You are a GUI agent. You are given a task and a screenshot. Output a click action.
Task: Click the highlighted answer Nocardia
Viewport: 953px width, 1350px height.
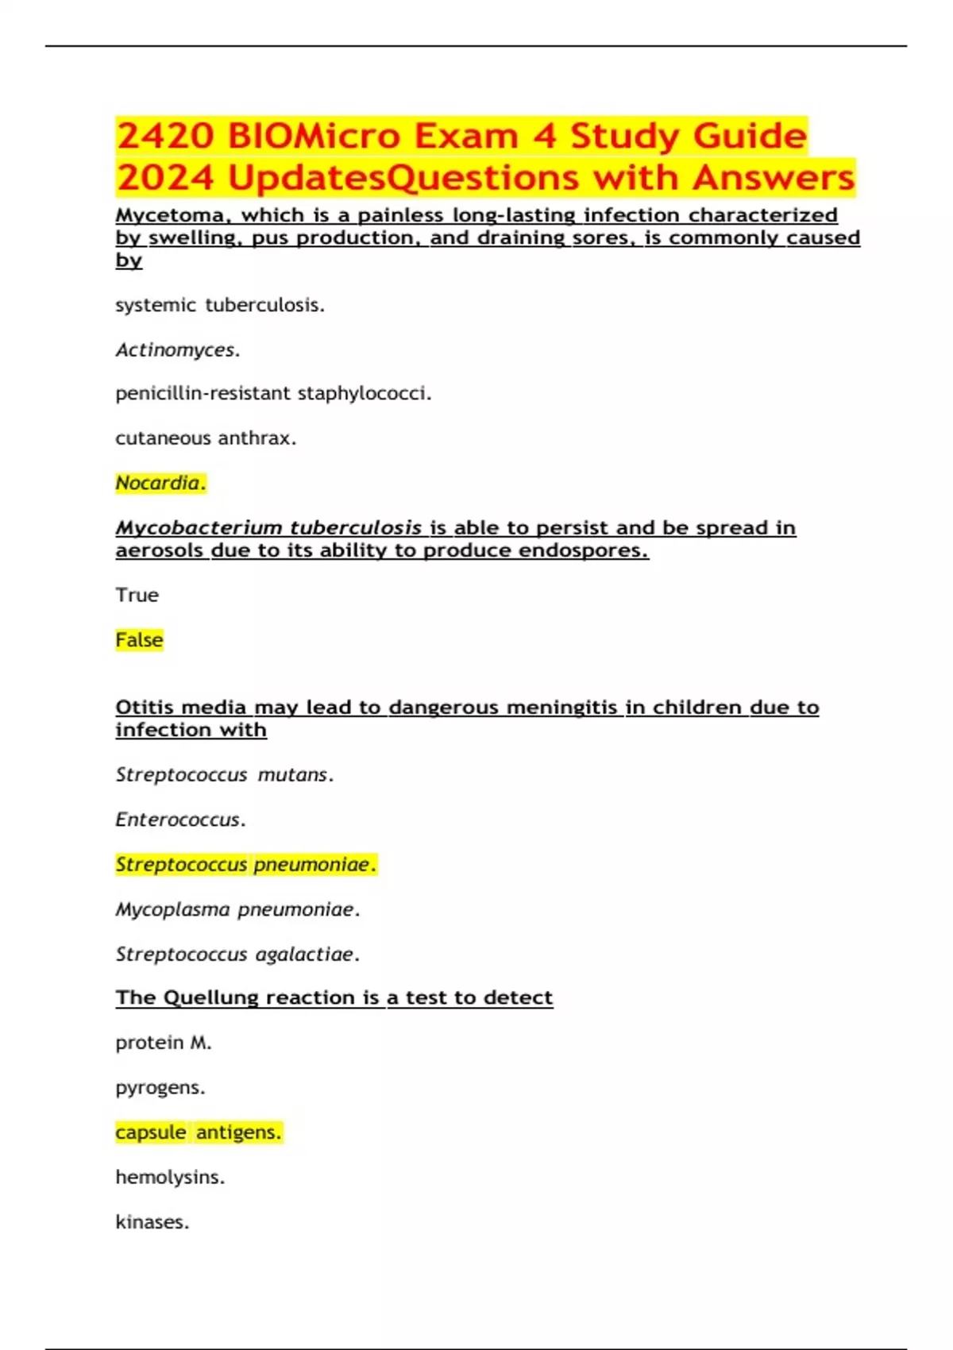click(160, 483)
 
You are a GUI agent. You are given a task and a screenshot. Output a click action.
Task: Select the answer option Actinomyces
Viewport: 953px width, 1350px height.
click(177, 349)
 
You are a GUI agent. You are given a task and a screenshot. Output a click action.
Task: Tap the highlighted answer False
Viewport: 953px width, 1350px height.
click(139, 640)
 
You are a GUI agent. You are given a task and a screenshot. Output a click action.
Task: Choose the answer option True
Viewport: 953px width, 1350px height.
click(137, 595)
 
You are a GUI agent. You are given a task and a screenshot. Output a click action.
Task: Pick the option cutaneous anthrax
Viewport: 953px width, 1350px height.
click(206, 438)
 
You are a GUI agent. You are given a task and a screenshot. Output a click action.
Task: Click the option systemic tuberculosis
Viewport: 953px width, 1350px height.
click(220, 305)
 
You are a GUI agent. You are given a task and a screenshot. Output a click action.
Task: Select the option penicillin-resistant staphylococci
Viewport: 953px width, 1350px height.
click(273, 394)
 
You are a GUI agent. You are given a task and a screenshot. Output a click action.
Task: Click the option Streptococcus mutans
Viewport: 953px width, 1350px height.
click(225, 774)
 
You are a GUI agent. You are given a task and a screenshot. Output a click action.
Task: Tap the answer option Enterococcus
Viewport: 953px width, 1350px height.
click(180, 820)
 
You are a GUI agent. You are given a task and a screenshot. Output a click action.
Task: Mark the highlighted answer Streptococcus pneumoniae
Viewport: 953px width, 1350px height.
click(245, 864)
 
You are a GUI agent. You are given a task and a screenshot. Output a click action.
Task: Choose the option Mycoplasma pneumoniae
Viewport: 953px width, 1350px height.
click(237, 909)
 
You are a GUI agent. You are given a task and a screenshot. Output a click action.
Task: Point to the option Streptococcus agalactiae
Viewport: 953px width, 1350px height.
click(237, 954)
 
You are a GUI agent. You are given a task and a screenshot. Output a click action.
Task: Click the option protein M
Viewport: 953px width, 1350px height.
click(163, 1043)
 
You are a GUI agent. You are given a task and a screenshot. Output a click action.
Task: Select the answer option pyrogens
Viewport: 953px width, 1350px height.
click(160, 1087)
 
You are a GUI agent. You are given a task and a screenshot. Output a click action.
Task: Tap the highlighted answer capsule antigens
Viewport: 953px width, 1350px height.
click(199, 1132)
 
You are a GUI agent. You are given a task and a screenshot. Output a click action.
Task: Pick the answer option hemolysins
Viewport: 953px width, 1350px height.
click(170, 1177)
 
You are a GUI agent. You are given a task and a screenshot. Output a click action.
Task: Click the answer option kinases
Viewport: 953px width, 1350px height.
click(152, 1221)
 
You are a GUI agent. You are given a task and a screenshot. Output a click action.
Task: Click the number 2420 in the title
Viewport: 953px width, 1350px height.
click(165, 136)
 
